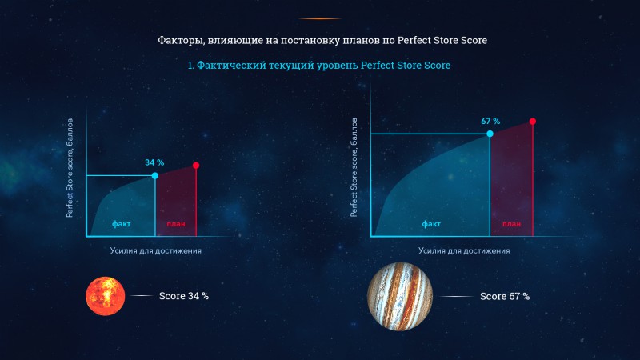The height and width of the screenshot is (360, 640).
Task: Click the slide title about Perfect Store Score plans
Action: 322,41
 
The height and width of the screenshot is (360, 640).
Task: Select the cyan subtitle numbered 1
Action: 318,66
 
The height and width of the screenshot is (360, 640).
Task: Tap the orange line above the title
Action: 319,18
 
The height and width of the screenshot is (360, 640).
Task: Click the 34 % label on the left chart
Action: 154,162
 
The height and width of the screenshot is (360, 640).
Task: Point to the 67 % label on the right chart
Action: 490,122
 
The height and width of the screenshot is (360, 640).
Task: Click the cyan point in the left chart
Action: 154,175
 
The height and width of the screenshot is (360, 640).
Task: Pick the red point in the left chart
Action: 196,166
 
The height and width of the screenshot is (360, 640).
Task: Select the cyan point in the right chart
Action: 490,134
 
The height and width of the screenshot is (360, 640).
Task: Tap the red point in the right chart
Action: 532,122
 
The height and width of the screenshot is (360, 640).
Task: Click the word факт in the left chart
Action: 122,224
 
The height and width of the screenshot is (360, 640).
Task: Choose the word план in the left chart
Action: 176,224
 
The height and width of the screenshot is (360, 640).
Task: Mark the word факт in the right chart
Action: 431,224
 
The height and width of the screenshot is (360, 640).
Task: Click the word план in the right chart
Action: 511,224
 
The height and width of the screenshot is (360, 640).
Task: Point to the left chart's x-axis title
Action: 155,250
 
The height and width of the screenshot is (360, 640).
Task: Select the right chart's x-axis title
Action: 464,250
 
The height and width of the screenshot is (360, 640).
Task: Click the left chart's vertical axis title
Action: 70,168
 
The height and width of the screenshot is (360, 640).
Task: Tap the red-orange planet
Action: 106,296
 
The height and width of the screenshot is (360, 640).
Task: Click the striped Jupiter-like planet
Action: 400,296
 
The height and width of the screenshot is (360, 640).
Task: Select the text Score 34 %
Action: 184,296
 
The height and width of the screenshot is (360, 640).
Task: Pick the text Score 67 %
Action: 505,296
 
